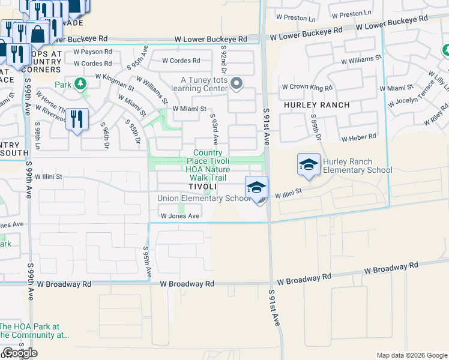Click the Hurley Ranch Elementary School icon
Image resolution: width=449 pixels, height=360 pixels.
(309, 165)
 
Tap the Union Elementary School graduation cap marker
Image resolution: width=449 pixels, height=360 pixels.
(256, 188)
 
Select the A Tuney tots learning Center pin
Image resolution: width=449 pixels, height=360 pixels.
(237, 84)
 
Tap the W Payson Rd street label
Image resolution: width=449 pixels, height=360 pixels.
(92, 52)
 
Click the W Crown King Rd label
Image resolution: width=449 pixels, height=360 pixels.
(307, 88)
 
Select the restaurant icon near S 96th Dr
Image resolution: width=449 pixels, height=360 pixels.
(76, 118)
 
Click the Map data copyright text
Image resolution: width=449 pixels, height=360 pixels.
(412, 355)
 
